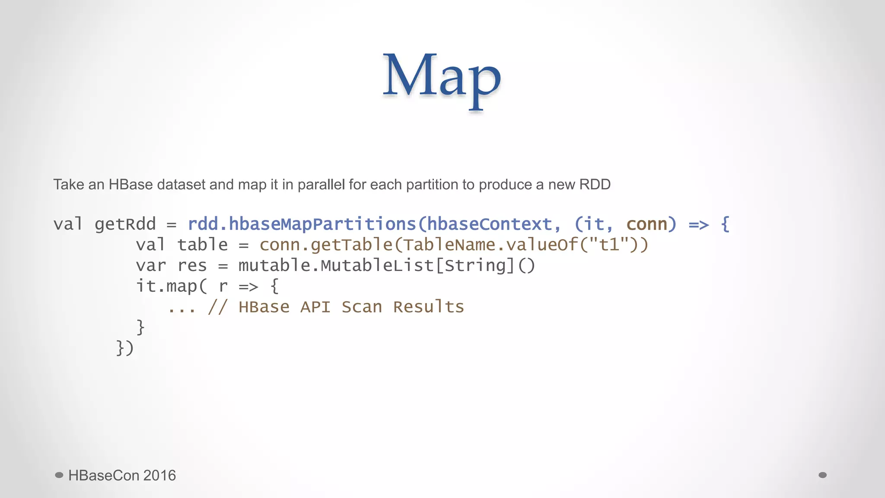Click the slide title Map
click(442, 77)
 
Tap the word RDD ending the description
click(595, 185)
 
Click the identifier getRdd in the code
click(125, 224)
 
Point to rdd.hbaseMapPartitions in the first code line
click(302, 224)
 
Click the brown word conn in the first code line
click(647, 224)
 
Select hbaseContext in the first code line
click(490, 224)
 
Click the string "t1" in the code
click(610, 245)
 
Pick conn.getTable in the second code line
click(326, 245)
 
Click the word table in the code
click(202, 245)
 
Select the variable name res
click(192, 266)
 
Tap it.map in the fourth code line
click(166, 286)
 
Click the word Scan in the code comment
click(362, 307)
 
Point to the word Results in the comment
click(428, 307)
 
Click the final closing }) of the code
click(125, 348)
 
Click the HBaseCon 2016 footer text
click(122, 476)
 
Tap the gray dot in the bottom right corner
click(823, 475)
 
